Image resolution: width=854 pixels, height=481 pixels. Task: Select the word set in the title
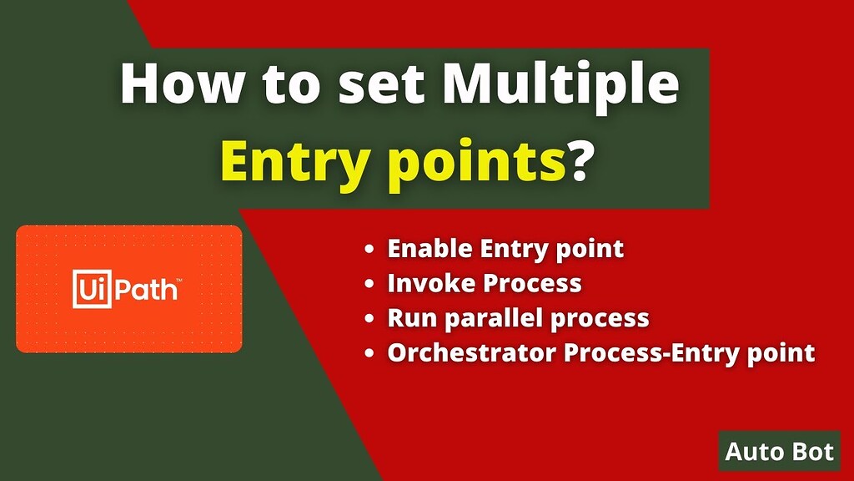380,85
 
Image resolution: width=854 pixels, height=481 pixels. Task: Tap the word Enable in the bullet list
430,248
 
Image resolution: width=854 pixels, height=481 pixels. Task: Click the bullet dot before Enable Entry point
369,249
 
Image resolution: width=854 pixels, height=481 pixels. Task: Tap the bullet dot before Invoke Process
369,284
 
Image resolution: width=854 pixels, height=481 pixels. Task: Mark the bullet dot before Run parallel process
369,319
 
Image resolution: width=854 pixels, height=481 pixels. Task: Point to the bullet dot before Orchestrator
369,354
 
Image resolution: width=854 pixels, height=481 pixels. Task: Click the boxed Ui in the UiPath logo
92,288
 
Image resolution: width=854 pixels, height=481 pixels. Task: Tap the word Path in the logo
146,290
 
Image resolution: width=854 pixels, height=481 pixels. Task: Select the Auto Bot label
780,451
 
